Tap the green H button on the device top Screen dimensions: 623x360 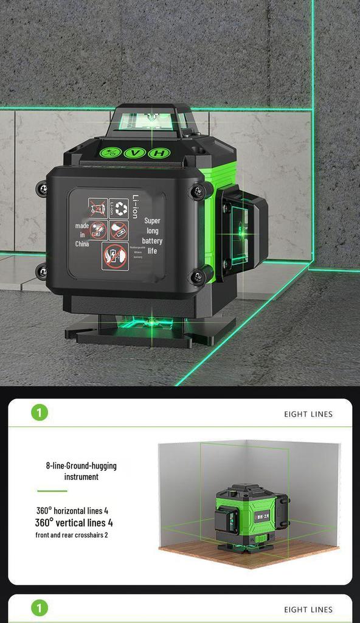[158, 153]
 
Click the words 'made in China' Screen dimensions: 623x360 [82, 235]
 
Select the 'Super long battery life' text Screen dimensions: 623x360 [153, 236]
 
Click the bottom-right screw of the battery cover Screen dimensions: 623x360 [198, 278]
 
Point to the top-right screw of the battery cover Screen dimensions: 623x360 [199, 192]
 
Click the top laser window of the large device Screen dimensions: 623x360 [148, 121]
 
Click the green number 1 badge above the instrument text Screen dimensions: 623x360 [39, 413]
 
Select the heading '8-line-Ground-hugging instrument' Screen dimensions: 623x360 [81, 471]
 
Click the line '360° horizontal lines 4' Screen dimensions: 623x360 [72, 510]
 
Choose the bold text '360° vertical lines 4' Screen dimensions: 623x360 [74, 523]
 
